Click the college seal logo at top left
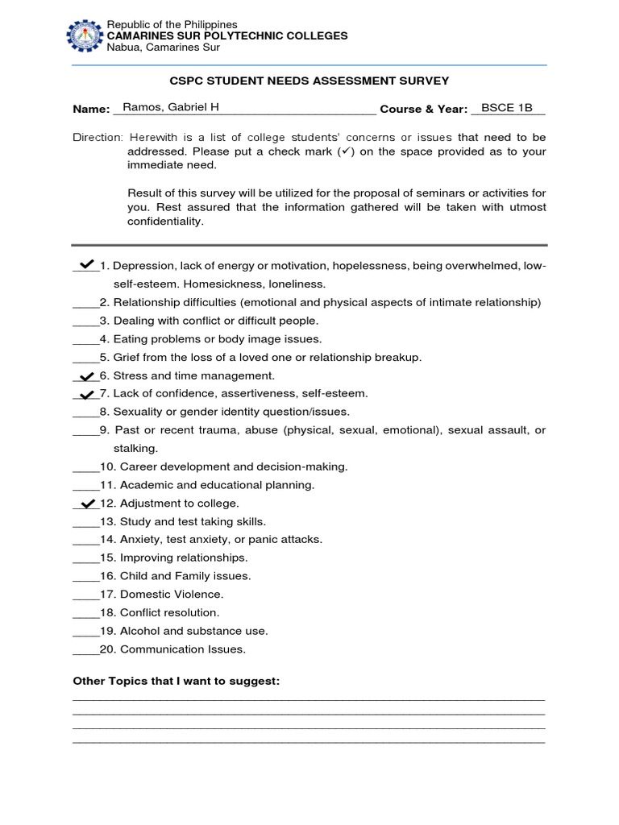(85, 35)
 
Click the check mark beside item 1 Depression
(85, 263)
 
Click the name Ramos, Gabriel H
(158, 107)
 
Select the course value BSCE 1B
(507, 107)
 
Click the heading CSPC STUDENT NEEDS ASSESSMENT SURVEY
(309, 81)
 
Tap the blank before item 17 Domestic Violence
(85, 595)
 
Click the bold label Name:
(91, 109)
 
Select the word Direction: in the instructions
(98, 138)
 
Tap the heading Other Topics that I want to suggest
(177, 682)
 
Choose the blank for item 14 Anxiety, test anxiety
(85, 541)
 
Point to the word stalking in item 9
(135, 448)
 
